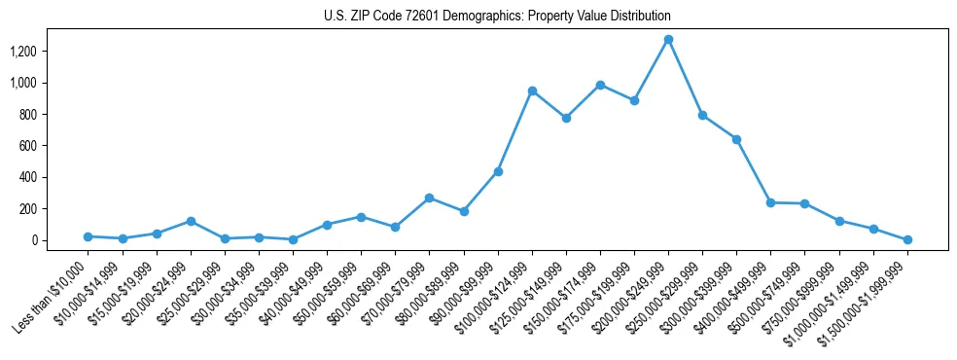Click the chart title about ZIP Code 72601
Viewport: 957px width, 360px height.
click(x=497, y=17)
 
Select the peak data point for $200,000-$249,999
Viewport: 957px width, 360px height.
click(x=668, y=40)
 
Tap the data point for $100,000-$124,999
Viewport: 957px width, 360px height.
click(x=532, y=90)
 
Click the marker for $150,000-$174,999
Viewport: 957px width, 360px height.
click(x=600, y=85)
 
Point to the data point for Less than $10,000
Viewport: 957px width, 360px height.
click(x=89, y=236)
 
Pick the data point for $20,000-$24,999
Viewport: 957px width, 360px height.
click(x=191, y=221)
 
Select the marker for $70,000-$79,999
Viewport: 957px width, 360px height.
click(x=430, y=198)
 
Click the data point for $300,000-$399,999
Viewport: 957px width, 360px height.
click(x=736, y=139)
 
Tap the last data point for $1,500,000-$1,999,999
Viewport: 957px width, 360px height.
click(x=907, y=239)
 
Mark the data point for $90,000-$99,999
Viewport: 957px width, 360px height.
click(x=498, y=171)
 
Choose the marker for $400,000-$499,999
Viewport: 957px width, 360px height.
click(x=770, y=202)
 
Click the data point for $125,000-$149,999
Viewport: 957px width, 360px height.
click(x=566, y=118)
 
